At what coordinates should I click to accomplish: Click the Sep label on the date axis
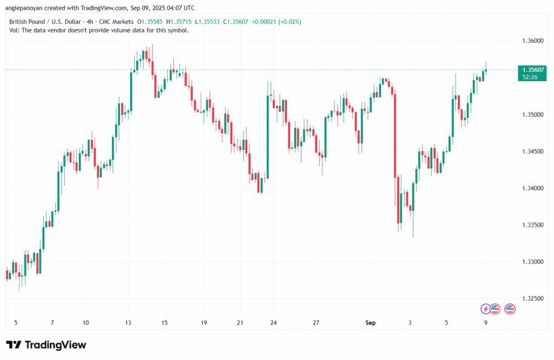[371, 323]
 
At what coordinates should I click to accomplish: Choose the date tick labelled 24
[273, 323]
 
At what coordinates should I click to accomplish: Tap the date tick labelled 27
[315, 323]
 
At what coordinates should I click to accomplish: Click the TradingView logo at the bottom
[46, 345]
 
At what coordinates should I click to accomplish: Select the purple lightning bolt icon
[485, 309]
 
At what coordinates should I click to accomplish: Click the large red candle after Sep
[395, 135]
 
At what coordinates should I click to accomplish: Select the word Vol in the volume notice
[14, 30]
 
